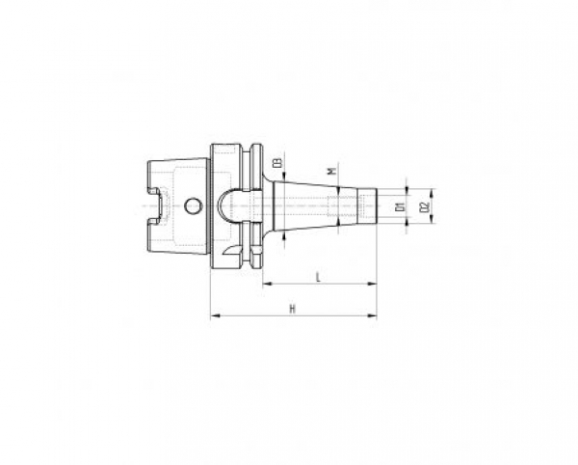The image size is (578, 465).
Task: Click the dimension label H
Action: click(292, 308)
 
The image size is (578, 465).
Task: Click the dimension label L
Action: click(318, 277)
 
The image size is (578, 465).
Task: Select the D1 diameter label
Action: click(398, 205)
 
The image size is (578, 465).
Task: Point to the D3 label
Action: click(276, 165)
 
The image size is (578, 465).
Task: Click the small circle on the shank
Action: click(194, 205)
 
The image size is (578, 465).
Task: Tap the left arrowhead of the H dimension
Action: click(213, 315)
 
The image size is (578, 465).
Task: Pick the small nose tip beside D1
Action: click(371, 205)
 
